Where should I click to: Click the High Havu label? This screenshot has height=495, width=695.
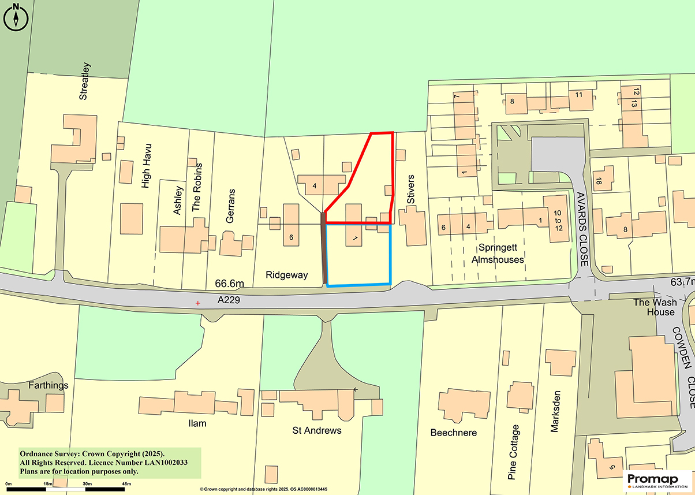pyautogui.click(x=146, y=166)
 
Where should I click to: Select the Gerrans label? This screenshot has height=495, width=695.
pyautogui.click(x=231, y=206)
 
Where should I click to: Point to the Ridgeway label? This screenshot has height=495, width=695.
pyautogui.click(x=287, y=275)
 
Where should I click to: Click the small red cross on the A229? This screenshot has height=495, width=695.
pyautogui.click(x=198, y=303)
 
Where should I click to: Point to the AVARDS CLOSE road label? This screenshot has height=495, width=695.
pyautogui.click(x=582, y=229)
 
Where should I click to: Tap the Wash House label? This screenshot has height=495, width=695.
pyautogui.click(x=653, y=307)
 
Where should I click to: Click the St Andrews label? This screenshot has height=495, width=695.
pyautogui.click(x=317, y=430)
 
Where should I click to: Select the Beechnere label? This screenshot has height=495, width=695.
pyautogui.click(x=454, y=433)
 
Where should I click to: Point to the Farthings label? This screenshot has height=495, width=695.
pyautogui.click(x=47, y=385)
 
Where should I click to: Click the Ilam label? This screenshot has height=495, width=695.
pyautogui.click(x=197, y=423)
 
